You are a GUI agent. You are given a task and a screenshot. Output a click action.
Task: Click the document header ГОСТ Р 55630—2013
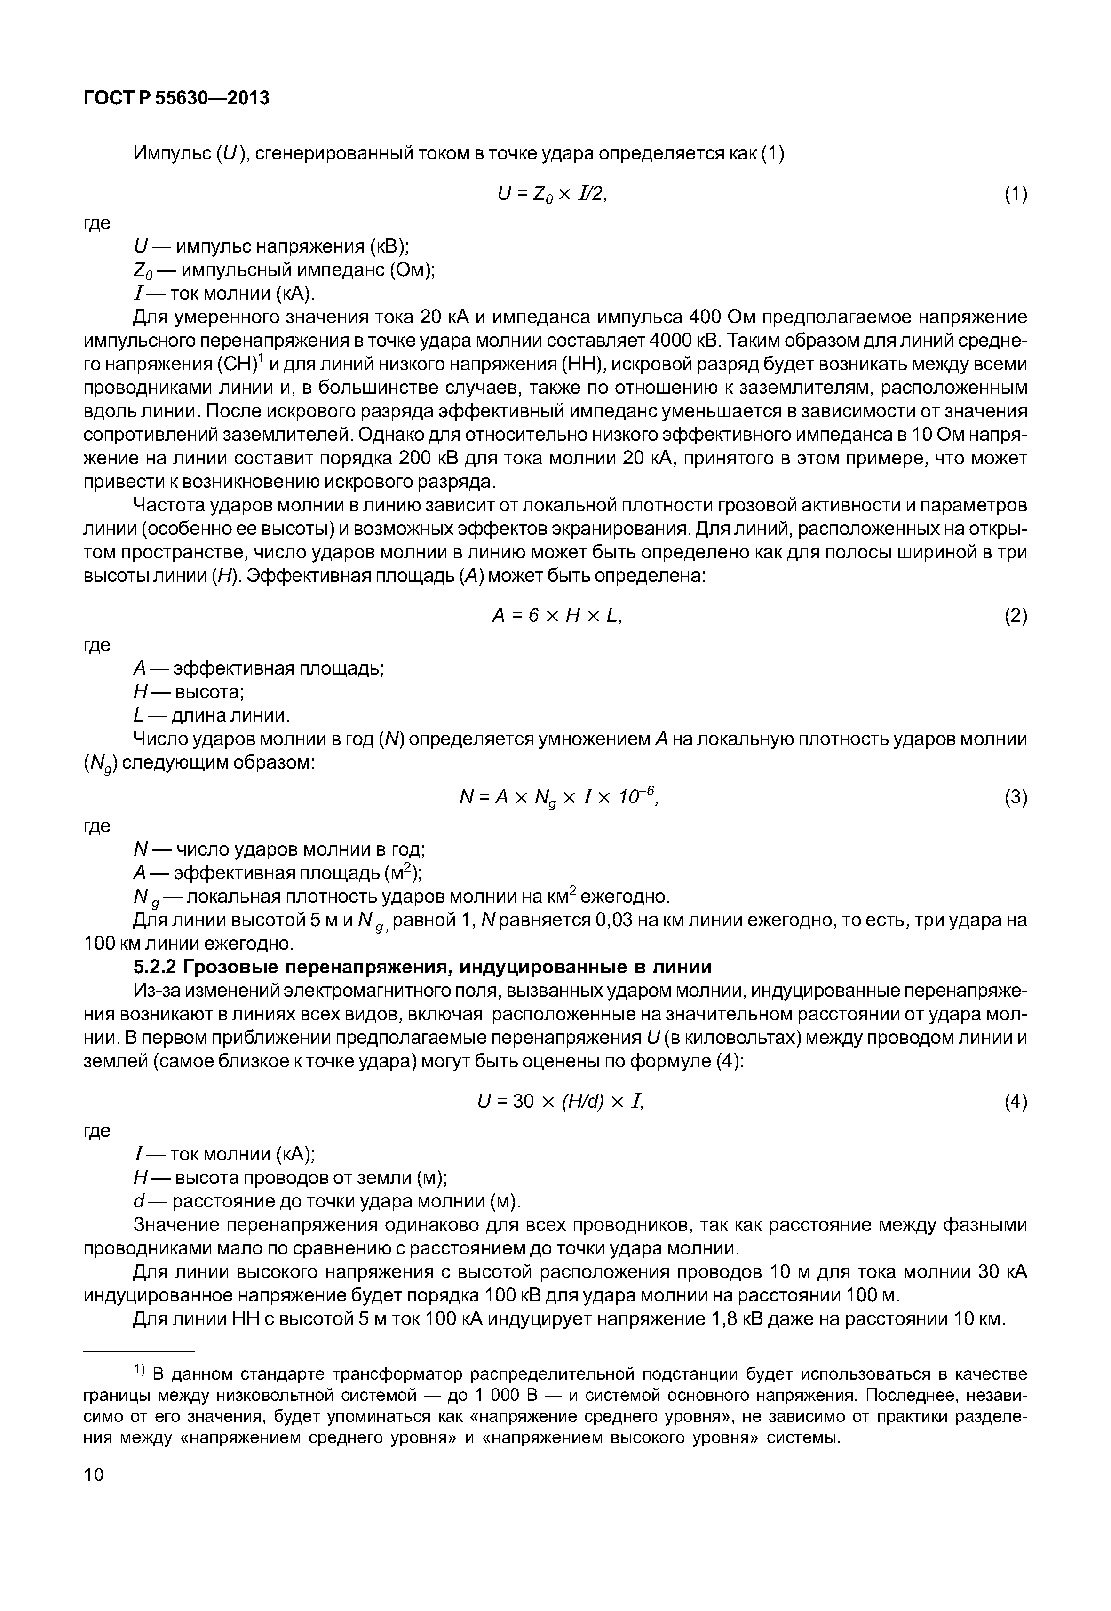[x=176, y=98]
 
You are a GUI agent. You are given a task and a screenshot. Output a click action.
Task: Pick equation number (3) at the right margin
[x=1015, y=798]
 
